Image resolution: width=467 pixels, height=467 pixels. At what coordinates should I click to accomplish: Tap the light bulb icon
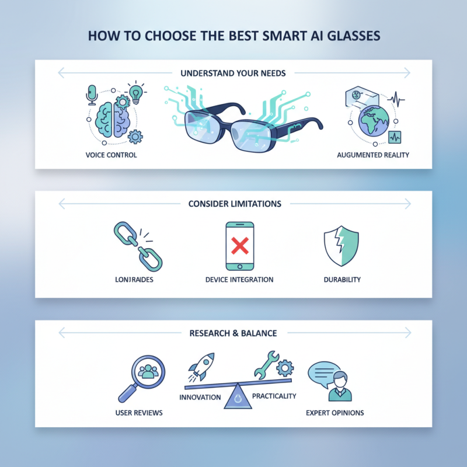135,92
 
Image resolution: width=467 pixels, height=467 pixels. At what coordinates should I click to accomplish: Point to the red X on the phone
239,246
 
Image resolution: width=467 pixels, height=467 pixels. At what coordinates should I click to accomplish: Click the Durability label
342,280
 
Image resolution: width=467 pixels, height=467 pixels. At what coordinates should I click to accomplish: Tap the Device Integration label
239,280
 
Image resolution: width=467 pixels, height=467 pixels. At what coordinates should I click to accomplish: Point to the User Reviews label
139,413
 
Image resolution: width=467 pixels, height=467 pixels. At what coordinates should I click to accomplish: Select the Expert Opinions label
335,413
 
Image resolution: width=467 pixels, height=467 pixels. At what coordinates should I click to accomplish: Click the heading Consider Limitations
235,204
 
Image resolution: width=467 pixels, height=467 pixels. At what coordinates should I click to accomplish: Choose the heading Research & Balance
233,333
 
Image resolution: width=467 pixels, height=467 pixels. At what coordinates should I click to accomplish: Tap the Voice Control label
111,155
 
